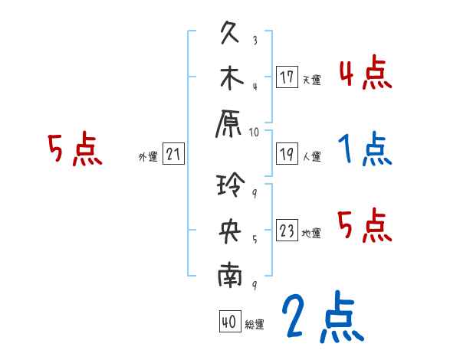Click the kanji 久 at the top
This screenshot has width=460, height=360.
coord(230,33)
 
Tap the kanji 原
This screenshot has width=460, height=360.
coord(230,123)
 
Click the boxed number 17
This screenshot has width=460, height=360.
coord(287,77)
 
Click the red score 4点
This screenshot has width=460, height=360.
coord(365,74)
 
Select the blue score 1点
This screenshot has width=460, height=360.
coord(365,150)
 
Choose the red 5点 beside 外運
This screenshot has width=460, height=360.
coord(74,150)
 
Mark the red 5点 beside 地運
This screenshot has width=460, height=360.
coord(365,225)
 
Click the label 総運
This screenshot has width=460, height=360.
coord(255,325)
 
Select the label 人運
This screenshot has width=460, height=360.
coord(311,157)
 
